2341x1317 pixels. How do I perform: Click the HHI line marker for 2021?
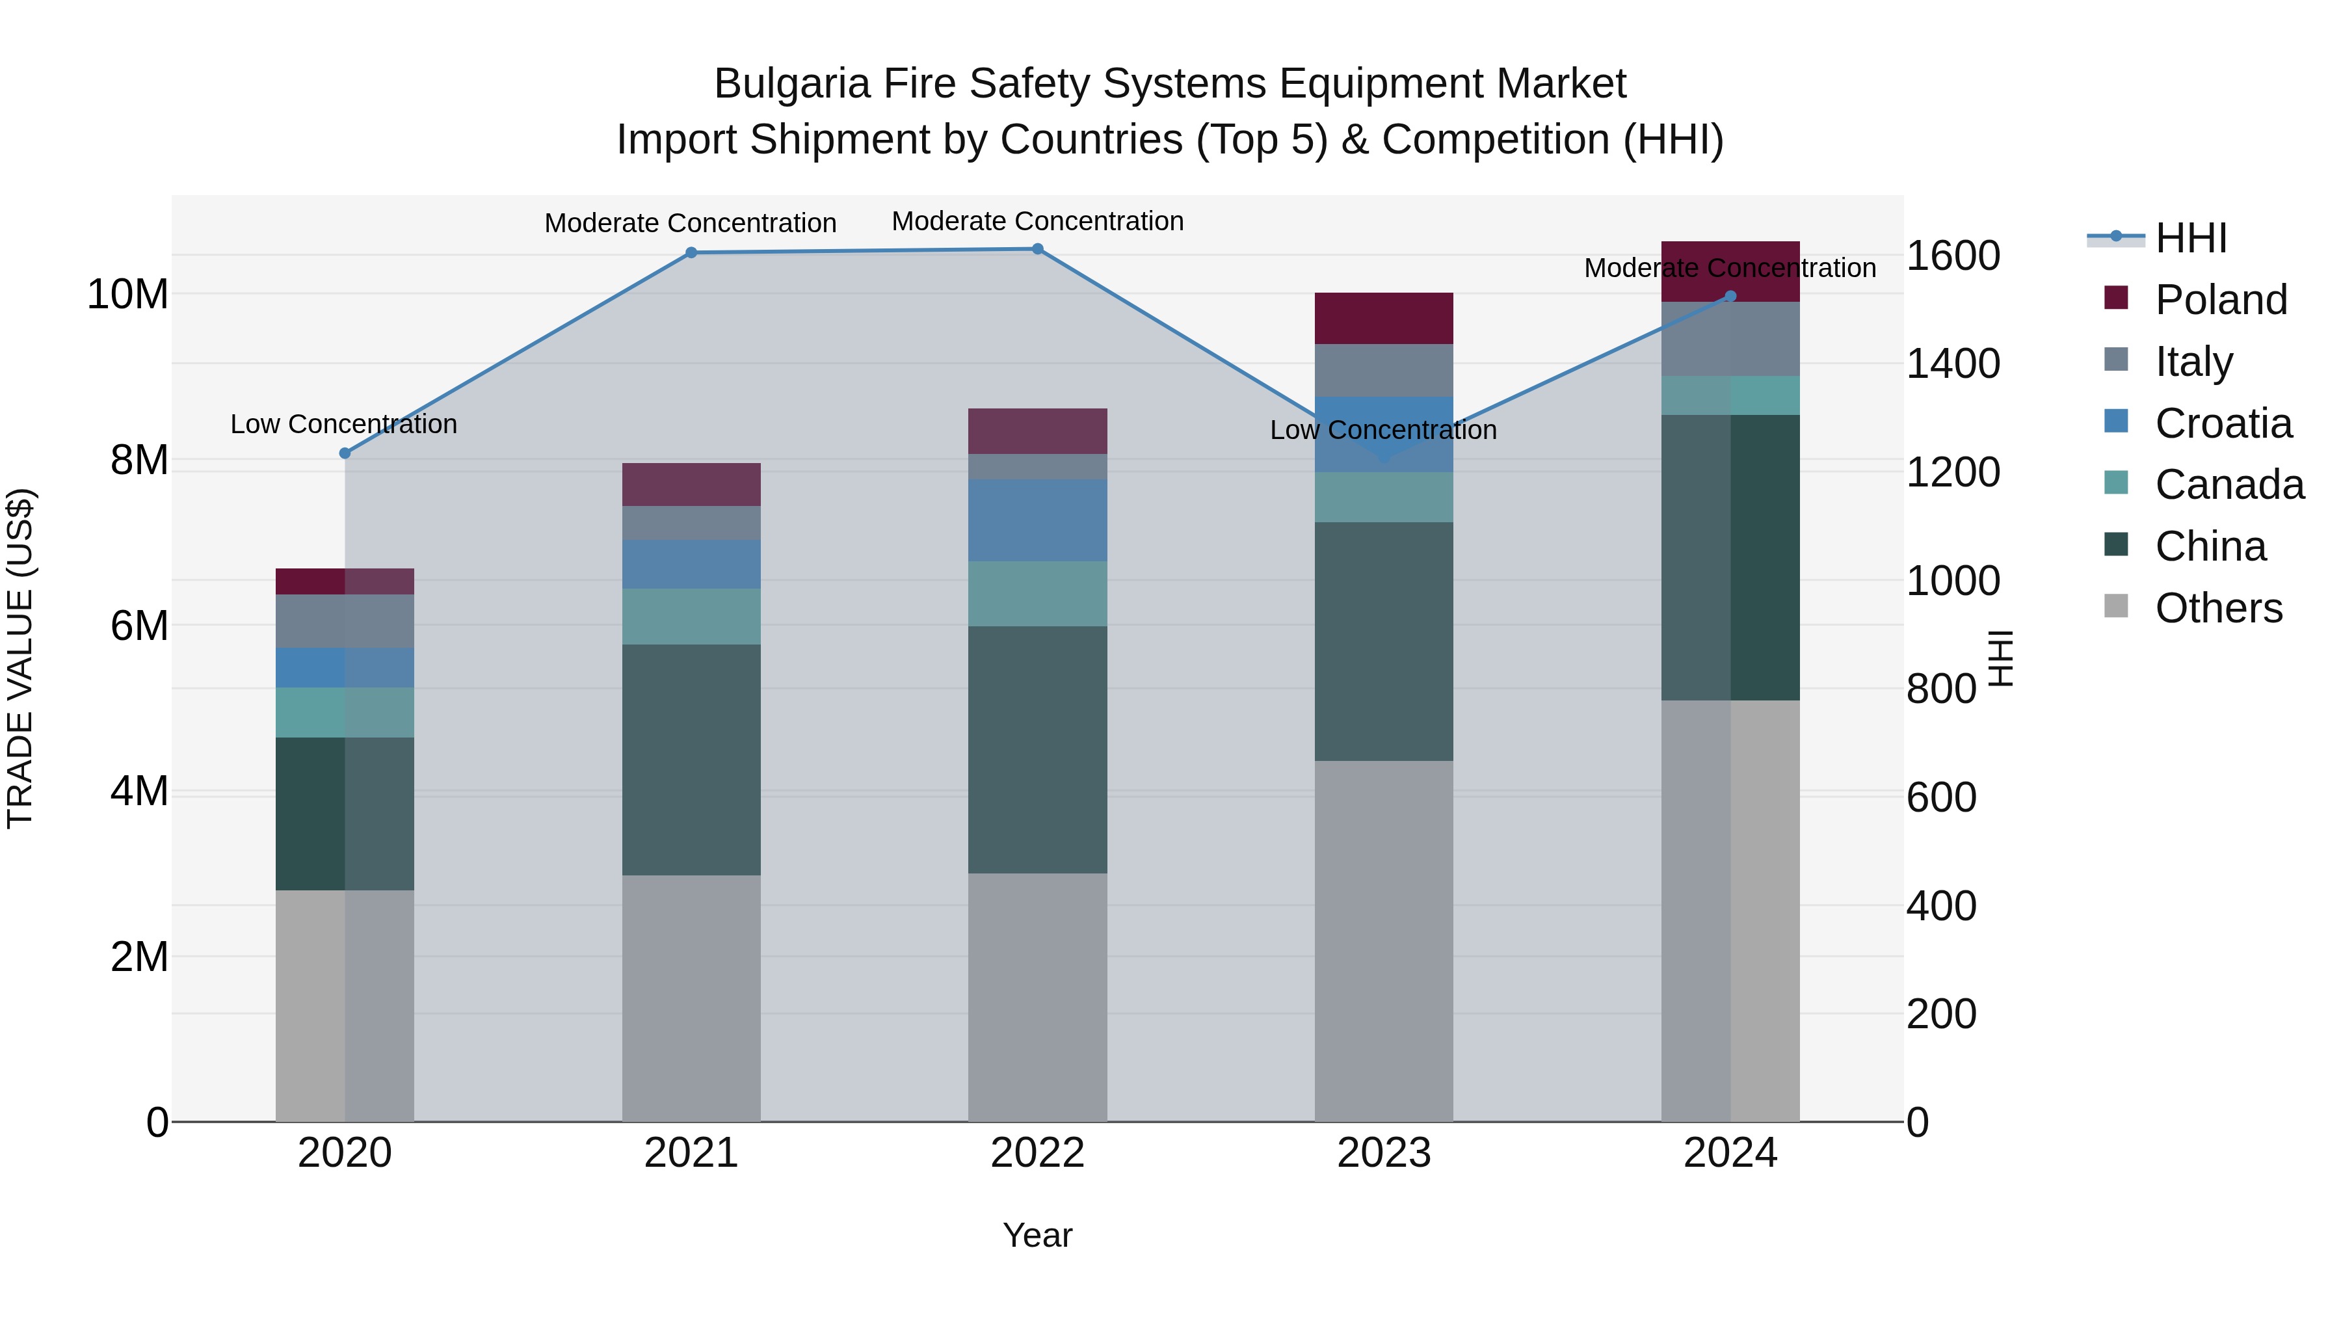[x=691, y=253]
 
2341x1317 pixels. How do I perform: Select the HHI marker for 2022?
[x=1038, y=249]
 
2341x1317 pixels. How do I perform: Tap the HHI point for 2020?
[x=345, y=453]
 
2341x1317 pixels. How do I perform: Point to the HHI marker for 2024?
[x=1730, y=297]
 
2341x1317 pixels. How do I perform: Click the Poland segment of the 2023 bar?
[x=1383, y=318]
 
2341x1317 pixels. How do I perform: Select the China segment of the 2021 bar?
[x=691, y=760]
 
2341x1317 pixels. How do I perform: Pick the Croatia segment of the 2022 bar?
[x=1038, y=520]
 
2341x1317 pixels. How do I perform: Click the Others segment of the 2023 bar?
[x=1383, y=940]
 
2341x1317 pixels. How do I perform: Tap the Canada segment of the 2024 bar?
[x=1730, y=395]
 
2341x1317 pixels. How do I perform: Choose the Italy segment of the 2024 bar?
[x=1730, y=339]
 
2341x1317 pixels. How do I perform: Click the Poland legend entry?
[x=2220, y=300]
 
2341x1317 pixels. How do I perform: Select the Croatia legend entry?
[x=2223, y=423]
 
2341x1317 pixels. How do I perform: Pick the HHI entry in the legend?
[x=2190, y=238]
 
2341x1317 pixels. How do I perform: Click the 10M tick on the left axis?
[x=127, y=295]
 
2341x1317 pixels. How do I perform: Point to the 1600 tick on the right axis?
[x=1952, y=256]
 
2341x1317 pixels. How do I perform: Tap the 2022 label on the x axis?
[x=1038, y=1153]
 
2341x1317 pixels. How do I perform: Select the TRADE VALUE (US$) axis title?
[x=21, y=658]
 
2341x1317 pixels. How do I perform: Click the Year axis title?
[x=1038, y=1235]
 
